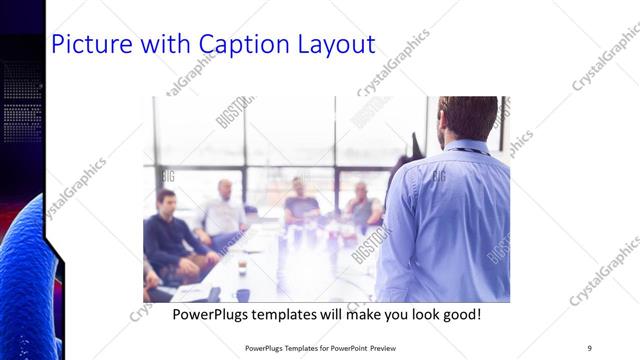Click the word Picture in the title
coord(87,45)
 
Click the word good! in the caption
coord(463,314)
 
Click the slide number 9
coord(589,347)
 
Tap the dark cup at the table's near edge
coord(242,294)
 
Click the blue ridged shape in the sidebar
coord(25,280)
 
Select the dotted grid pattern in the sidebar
coord(22,100)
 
